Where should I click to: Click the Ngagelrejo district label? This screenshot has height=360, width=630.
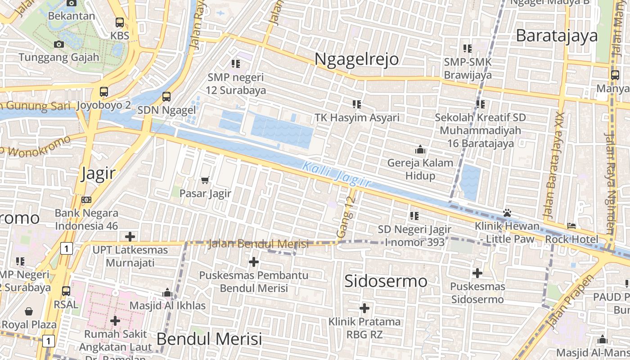(x=356, y=59)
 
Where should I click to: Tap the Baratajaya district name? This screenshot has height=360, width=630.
(x=557, y=36)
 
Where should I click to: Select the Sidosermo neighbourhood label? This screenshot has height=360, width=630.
(x=386, y=281)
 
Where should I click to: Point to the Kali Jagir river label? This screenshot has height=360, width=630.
(x=337, y=175)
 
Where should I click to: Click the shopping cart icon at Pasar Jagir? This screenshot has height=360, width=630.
(x=205, y=180)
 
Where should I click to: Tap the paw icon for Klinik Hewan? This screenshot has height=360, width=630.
(x=507, y=212)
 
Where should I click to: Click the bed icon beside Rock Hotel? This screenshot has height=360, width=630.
(x=571, y=226)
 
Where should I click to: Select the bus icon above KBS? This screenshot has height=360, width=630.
(x=120, y=22)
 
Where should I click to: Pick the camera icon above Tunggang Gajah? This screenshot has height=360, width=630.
(x=59, y=44)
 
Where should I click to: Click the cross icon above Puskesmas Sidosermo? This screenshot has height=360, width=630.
(x=477, y=273)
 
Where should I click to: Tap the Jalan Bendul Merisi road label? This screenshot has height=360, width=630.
(x=258, y=244)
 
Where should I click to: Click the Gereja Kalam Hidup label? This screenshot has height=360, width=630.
(x=420, y=169)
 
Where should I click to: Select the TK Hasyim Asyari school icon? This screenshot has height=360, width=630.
(x=357, y=104)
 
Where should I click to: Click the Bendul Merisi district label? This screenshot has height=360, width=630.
(x=209, y=339)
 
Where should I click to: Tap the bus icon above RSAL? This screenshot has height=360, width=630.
(x=66, y=291)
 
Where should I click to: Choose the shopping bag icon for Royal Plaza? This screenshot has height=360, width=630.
(x=29, y=311)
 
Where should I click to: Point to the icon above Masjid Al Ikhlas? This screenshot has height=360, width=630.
(x=167, y=293)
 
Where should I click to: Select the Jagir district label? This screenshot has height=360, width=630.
(x=98, y=173)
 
